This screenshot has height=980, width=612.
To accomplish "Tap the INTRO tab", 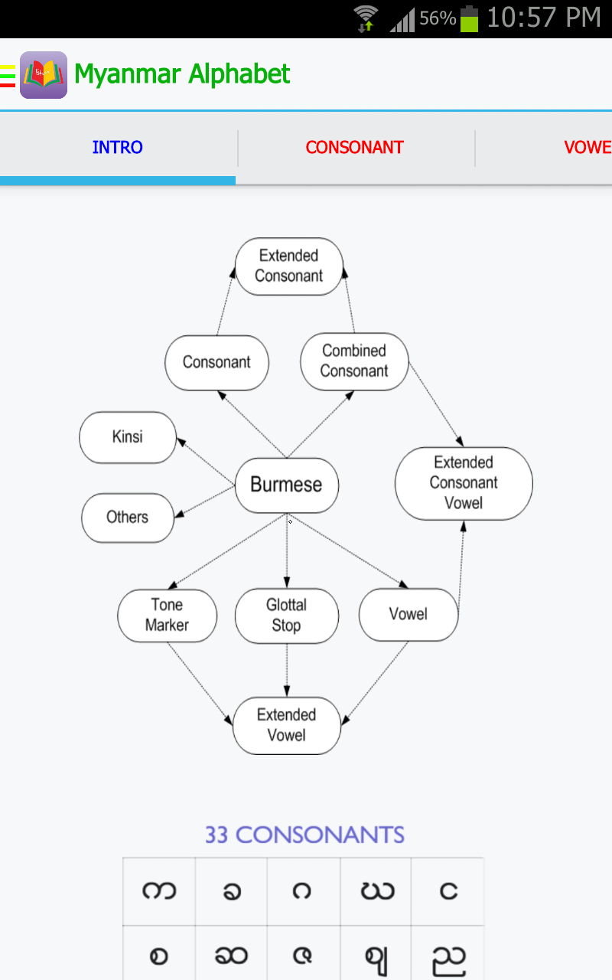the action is click(x=117, y=148).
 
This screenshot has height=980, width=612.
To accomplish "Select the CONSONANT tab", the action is click(x=354, y=148).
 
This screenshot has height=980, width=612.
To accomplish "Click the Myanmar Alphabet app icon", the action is click(x=44, y=75).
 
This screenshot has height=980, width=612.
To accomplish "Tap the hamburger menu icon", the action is click(x=8, y=76).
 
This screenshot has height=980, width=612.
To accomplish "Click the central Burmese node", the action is click(x=287, y=485).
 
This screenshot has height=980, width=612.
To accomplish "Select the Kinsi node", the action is click(x=128, y=437).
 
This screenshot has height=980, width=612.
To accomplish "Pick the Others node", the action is click(x=128, y=518).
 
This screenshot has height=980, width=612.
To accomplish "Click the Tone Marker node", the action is click(x=167, y=615).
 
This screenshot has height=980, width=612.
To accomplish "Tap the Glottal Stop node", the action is click(x=287, y=616).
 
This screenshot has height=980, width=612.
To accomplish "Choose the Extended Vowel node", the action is click(x=287, y=725).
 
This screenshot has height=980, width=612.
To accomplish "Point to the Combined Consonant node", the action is click(x=354, y=361).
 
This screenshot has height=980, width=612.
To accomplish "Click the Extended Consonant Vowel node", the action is click(x=464, y=483).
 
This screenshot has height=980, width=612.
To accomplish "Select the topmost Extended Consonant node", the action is click(x=289, y=266).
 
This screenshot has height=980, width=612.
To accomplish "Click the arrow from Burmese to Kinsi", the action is click(x=206, y=462).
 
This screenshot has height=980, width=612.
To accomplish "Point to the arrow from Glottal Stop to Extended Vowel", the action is click(x=287, y=670).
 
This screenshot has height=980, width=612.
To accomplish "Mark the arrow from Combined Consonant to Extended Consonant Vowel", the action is click(x=436, y=404).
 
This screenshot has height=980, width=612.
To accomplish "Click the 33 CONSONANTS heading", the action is click(x=304, y=835).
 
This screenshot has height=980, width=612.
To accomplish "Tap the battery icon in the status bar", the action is click(x=469, y=19).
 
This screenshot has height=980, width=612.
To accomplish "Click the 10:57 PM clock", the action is click(x=544, y=18).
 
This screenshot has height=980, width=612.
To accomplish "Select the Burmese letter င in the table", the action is click(x=448, y=890).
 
